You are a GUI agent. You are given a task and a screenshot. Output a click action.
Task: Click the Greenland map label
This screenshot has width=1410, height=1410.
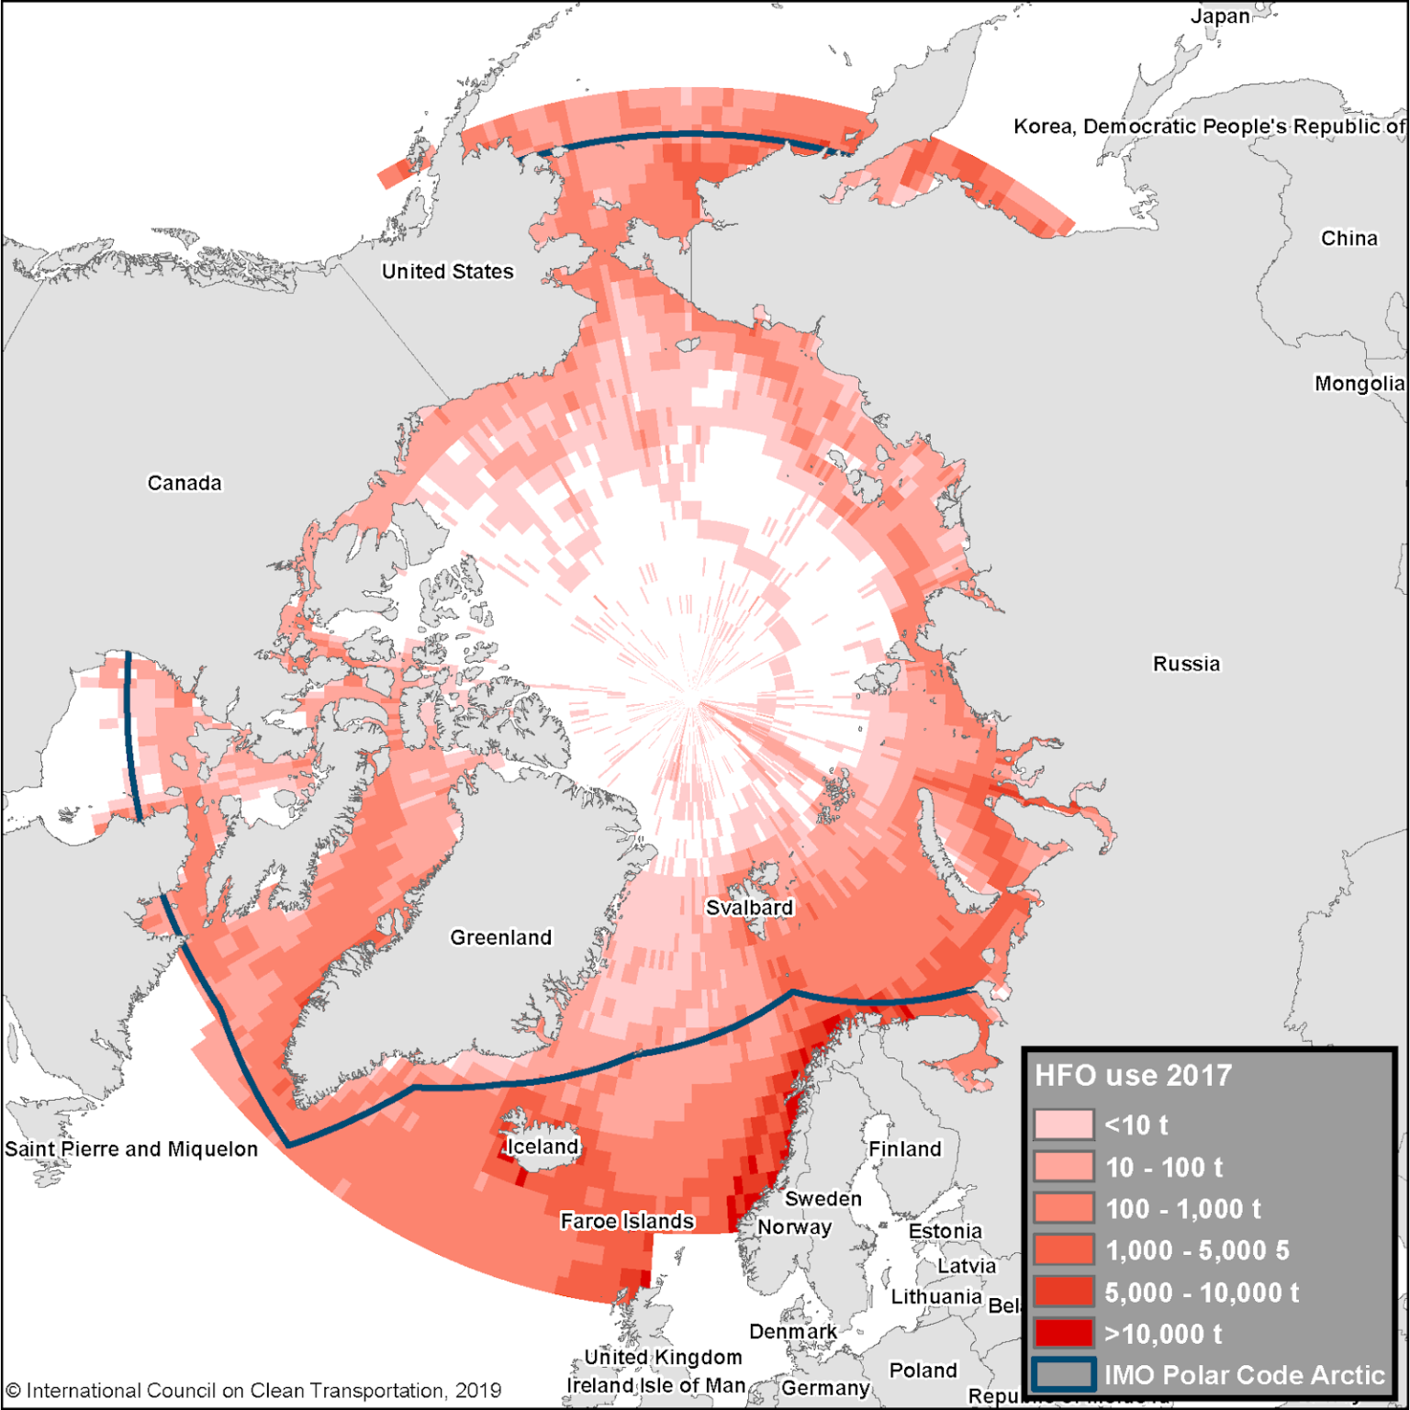pos(500,937)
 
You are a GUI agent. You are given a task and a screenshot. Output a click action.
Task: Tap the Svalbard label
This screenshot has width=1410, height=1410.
pos(749,907)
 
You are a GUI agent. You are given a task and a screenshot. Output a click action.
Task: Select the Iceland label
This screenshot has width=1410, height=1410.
pos(543,1147)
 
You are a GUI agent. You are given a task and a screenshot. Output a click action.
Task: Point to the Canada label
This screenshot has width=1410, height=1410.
pos(185,483)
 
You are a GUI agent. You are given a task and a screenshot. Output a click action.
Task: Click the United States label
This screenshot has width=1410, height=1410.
pos(448,272)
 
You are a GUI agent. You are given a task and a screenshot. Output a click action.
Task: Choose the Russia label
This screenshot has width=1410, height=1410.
pos(1187,664)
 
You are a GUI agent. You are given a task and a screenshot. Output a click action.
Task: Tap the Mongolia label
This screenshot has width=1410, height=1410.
pos(1360,384)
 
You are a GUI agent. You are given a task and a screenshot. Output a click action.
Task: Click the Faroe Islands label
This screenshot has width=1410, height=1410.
pos(627,1221)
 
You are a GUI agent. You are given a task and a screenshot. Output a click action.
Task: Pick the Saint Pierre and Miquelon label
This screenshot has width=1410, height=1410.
pos(131,1149)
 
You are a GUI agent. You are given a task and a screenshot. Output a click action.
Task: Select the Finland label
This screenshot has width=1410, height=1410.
pos(905,1149)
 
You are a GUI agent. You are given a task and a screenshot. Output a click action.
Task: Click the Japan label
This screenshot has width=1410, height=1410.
pos(1220,17)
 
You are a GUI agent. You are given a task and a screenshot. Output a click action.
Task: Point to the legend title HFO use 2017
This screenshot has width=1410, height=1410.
pos(1134,1075)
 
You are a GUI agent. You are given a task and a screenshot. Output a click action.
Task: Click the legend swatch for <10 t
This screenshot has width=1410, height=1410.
pos(1063,1125)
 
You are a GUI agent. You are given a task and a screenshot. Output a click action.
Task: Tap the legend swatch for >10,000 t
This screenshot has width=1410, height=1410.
pos(1063,1333)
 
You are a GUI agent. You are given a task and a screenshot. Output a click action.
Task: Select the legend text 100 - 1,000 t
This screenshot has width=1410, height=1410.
pos(1183,1209)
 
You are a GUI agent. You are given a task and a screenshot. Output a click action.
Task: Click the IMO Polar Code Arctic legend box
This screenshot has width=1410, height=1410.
pos(1063,1374)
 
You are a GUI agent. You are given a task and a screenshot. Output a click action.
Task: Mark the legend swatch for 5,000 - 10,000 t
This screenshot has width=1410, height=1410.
pos(1063,1292)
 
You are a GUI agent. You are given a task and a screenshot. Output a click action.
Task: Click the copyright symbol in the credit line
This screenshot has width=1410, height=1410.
pos(13,1391)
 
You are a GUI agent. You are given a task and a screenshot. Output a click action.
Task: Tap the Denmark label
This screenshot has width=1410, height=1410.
pos(792,1331)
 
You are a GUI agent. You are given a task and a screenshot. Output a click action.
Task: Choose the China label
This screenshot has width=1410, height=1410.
pos(1349,239)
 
